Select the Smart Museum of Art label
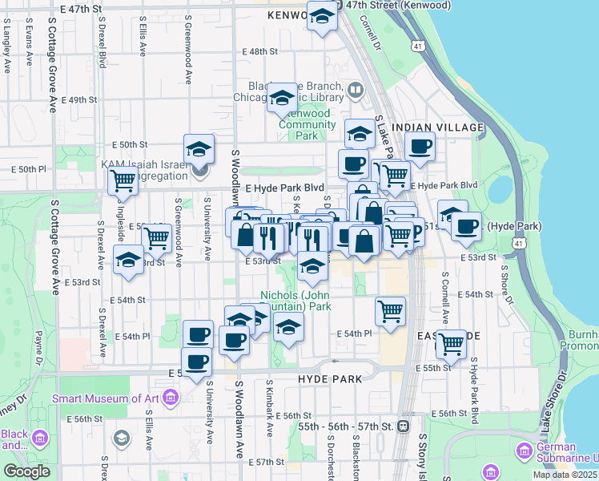point(106,398)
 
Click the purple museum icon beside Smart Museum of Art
point(169,397)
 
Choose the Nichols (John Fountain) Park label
point(295,301)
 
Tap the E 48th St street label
point(259,51)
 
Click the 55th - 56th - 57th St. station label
point(348,426)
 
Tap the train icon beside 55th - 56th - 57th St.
point(404,426)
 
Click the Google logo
point(26,471)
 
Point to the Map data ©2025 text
point(565,475)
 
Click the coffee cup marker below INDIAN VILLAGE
point(419,147)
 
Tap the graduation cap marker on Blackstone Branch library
point(281,97)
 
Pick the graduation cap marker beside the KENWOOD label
point(322,16)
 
